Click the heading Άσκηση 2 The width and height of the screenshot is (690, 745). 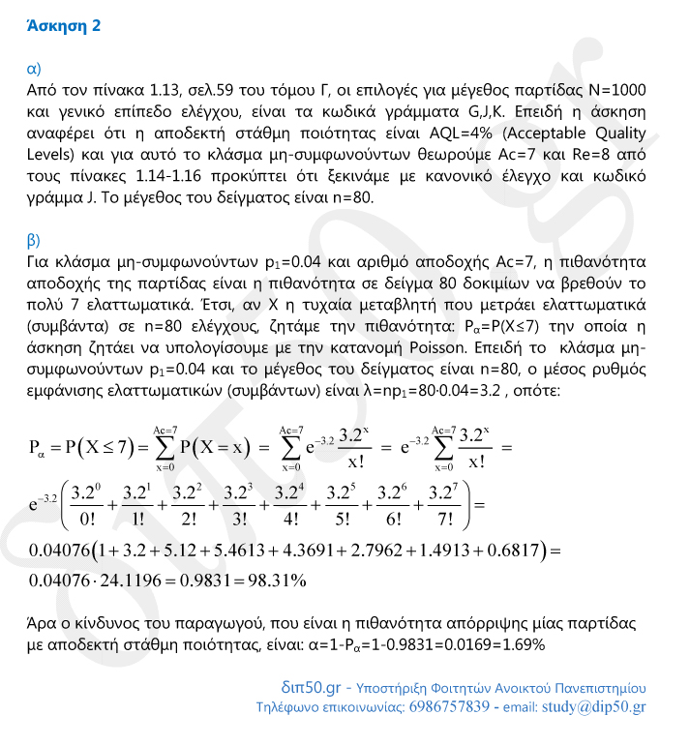(x=66, y=27)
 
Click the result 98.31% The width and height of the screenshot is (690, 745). (x=274, y=581)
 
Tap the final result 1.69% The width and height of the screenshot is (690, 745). (x=521, y=644)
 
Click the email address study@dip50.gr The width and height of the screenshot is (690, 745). (x=594, y=707)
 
